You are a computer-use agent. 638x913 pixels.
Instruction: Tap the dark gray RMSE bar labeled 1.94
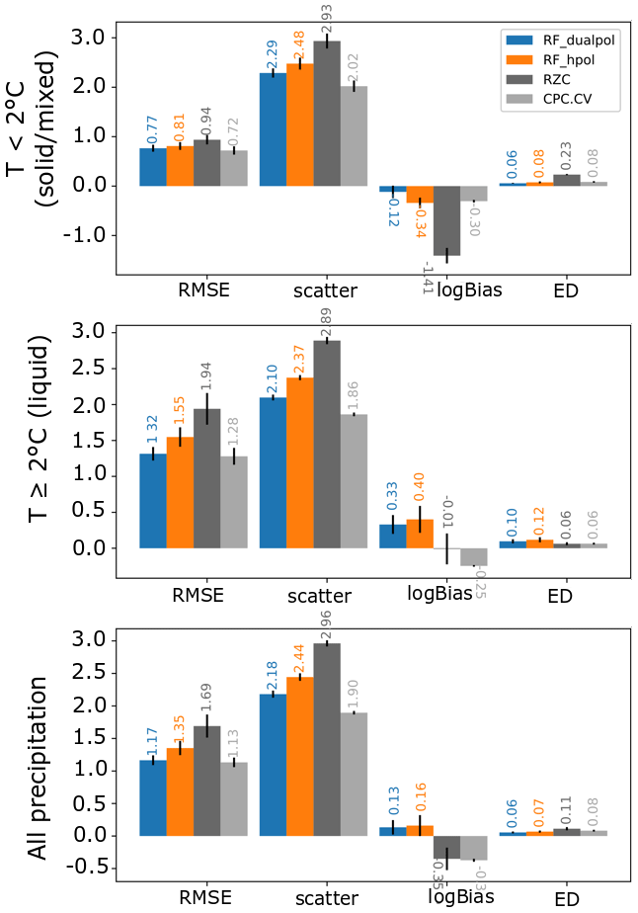pos(206,478)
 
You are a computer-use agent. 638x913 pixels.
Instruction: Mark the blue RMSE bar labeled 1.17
pos(153,797)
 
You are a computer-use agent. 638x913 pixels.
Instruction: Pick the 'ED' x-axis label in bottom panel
pos(566,900)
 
